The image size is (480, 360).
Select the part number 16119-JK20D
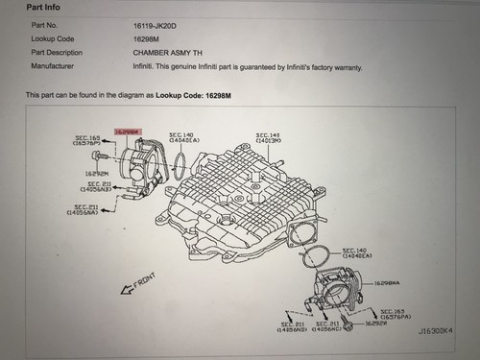[157, 25]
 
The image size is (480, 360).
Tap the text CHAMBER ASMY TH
[168, 52]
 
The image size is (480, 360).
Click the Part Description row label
[57, 52]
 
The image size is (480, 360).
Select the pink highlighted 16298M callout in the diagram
[127, 130]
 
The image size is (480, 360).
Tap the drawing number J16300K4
[436, 329]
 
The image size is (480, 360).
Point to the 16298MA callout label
[388, 284]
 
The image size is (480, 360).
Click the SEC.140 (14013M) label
[268, 138]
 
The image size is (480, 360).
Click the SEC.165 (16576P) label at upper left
[87, 141]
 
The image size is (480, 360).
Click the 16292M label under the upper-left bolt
[96, 175]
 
